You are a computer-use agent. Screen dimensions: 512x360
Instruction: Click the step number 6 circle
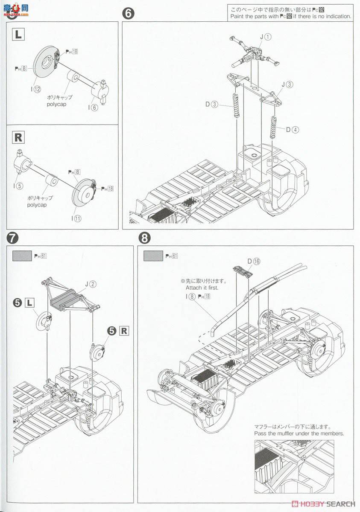tap(128, 13)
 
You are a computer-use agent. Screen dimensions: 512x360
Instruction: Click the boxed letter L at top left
tap(18, 35)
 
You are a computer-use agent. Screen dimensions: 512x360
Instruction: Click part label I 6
tap(94, 107)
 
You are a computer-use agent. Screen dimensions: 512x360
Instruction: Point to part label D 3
tap(212, 104)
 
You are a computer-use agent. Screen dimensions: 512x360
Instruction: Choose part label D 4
tap(292, 129)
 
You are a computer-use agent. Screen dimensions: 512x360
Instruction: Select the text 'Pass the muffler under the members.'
tap(299, 433)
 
